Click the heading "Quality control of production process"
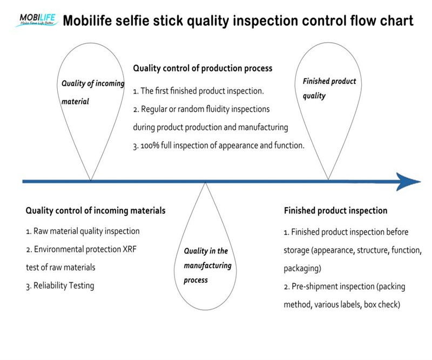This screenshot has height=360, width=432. [202, 69]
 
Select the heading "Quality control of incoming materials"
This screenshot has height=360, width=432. [96, 210]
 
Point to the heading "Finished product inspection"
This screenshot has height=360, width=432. [335, 210]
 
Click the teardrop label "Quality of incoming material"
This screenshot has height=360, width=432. [92, 92]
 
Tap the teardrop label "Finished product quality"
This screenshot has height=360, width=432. [329, 88]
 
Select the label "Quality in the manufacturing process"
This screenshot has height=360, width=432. [207, 265]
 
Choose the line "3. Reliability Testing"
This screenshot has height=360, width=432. [60, 285]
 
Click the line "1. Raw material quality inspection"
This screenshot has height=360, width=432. [83, 231]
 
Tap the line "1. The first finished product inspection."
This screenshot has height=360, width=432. [198, 90]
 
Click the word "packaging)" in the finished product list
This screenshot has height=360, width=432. [302, 268]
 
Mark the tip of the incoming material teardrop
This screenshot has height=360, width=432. [91, 179]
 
